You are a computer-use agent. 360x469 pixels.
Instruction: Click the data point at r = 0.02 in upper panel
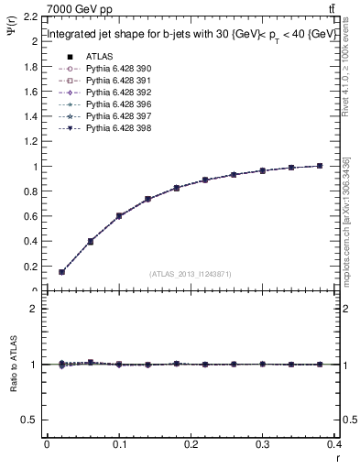pyautogui.click(x=61, y=272)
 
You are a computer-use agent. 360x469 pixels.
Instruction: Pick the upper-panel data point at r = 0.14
pyautogui.click(x=147, y=199)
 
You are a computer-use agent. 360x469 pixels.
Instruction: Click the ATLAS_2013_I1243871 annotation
pyautogui.click(x=190, y=273)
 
